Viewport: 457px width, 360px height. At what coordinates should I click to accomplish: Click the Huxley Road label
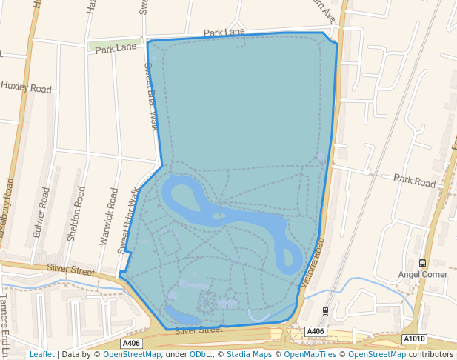[27, 87]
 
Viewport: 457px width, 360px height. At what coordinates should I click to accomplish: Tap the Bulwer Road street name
[41, 212]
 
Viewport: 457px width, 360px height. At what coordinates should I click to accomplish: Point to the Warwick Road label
[108, 216]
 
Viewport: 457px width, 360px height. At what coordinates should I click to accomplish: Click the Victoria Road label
[313, 262]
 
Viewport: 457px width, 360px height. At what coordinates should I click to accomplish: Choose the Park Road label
[415, 180]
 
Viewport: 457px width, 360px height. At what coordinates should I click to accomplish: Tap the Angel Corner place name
[423, 274]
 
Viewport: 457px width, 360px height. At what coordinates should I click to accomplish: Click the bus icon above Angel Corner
[422, 263]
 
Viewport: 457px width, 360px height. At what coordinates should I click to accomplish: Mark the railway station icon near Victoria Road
[326, 310]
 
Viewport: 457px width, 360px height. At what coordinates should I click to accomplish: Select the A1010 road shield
[415, 339]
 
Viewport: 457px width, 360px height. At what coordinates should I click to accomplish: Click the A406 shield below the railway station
[316, 331]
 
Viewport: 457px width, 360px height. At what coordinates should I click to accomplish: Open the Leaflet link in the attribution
[41, 354]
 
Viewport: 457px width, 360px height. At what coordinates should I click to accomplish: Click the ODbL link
[201, 354]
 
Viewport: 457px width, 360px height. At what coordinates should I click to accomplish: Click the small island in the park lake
[219, 216]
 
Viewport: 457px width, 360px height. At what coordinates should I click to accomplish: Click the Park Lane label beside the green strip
[117, 49]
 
